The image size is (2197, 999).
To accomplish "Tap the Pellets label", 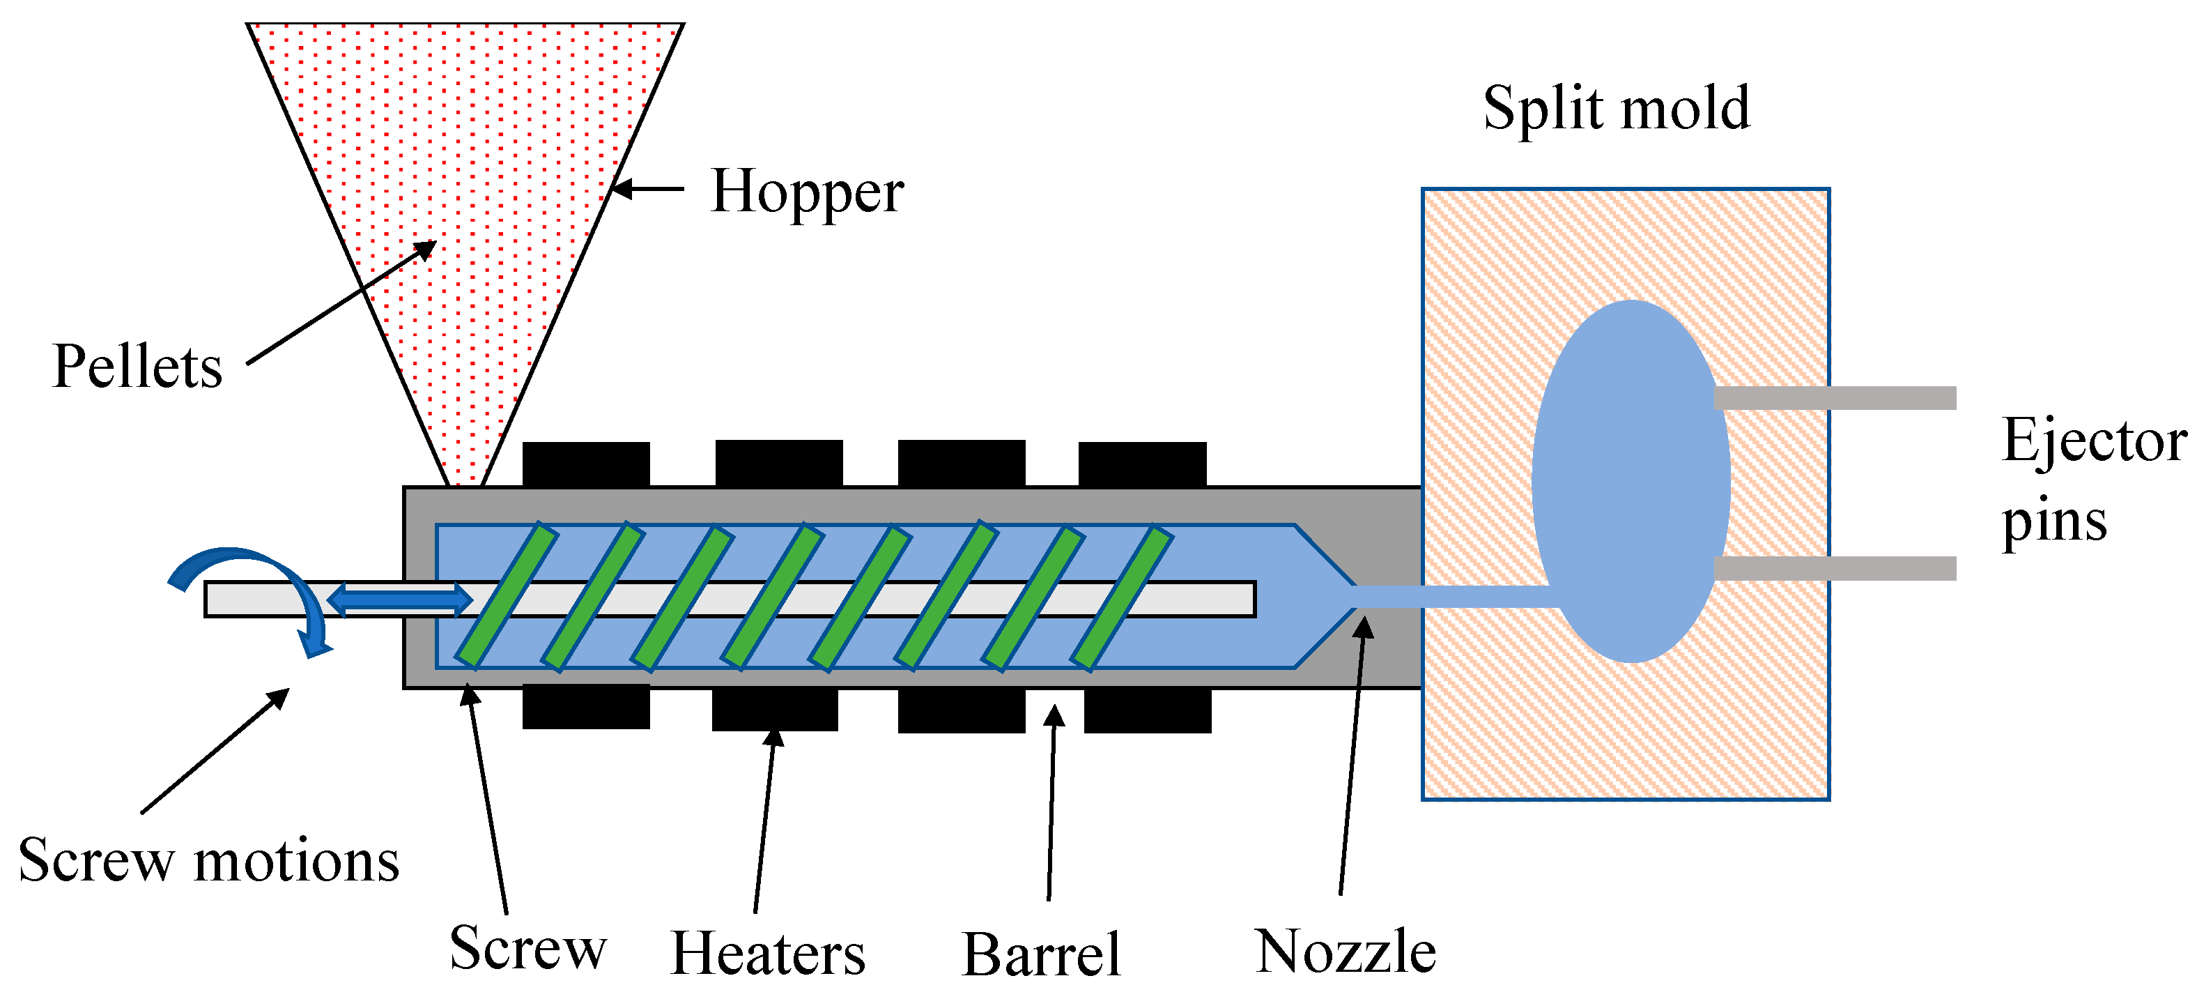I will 137,367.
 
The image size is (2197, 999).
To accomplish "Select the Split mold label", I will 1616,109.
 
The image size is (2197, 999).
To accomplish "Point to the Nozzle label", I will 1345,952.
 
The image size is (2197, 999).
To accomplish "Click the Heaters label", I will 768,954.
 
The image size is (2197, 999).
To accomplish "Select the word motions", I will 297,861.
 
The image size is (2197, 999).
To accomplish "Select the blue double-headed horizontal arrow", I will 399,599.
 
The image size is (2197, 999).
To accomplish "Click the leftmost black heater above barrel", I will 586,463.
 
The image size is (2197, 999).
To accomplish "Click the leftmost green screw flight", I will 507,595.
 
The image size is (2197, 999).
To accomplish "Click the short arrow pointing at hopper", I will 648,188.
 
